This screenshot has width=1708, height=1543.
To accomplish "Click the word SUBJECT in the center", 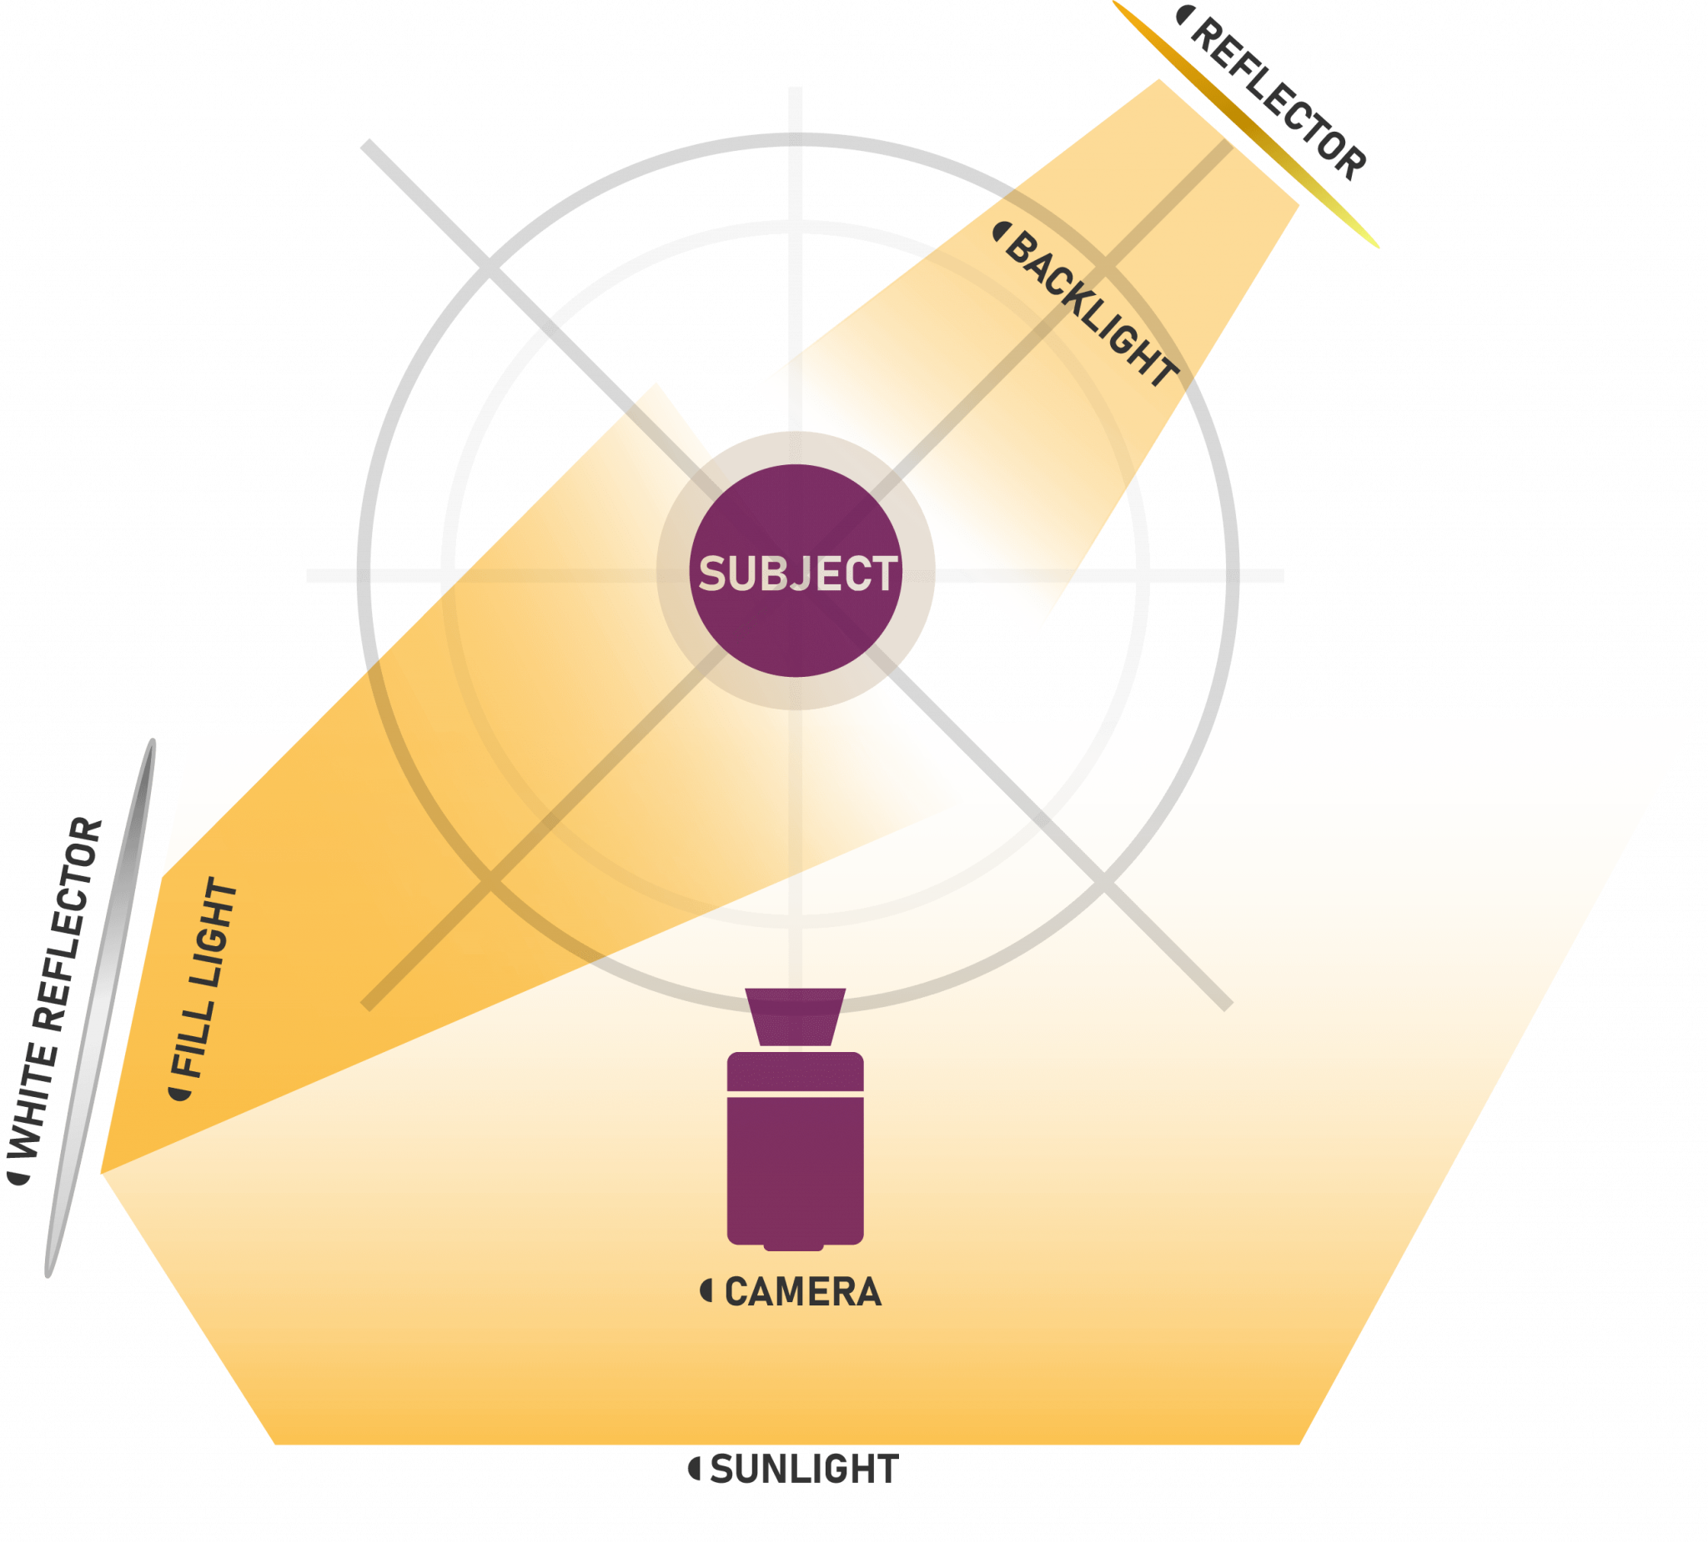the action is coord(797,574).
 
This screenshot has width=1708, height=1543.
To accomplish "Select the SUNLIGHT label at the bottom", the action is coord(804,1470).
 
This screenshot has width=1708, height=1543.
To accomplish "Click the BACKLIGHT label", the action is coord(1092,308).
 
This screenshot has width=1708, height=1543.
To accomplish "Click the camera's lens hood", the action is coord(795,1016).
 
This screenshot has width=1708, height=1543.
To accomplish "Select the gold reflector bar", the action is coord(1245,123).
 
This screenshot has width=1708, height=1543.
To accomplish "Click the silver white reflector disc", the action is coord(100,1008).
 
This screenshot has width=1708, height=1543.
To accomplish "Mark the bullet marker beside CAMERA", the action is coord(706,1290).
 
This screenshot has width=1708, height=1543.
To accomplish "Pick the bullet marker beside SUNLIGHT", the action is coord(694,1469).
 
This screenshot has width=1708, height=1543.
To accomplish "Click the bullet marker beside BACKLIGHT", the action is coord(1001,231).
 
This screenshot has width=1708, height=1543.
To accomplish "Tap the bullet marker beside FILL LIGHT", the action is coord(178,1095).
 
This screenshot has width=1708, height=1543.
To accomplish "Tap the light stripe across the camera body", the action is coord(795,1095).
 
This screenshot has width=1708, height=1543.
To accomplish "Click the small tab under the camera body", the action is coord(794,1246).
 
